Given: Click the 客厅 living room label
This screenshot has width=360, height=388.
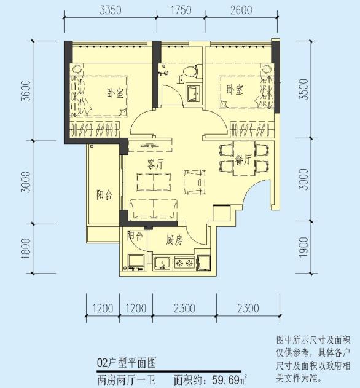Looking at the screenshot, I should (x=155, y=164).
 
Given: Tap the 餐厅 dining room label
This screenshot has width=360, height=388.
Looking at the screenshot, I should (x=243, y=160).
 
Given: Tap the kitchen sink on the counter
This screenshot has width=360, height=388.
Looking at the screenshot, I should (x=162, y=264).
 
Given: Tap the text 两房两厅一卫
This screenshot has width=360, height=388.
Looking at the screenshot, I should (x=126, y=379).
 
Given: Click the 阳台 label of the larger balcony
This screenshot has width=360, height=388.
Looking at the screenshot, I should (x=104, y=194).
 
